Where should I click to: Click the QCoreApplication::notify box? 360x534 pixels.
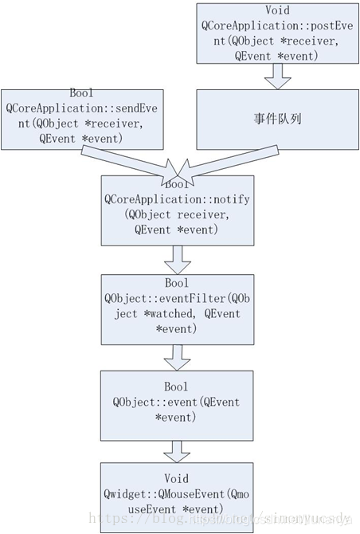(176, 211)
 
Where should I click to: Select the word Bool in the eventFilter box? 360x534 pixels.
(176, 284)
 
